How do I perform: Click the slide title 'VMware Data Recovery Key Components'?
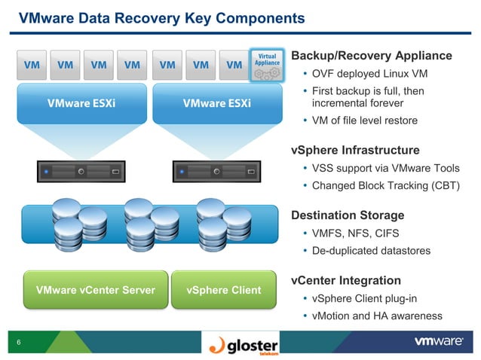[x=161, y=17]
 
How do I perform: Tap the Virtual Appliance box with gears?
[x=267, y=65]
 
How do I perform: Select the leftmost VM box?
[x=32, y=65]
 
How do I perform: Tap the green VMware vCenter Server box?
[x=95, y=290]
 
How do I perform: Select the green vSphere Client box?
[x=223, y=290]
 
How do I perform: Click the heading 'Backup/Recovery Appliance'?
[x=371, y=56]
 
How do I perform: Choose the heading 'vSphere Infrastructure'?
[x=354, y=150]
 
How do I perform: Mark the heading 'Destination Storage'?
[x=348, y=215]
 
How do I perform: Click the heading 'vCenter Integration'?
[x=345, y=281]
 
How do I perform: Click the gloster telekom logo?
[x=245, y=344]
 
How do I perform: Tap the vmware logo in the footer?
[x=438, y=342]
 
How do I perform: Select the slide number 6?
[x=18, y=343]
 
